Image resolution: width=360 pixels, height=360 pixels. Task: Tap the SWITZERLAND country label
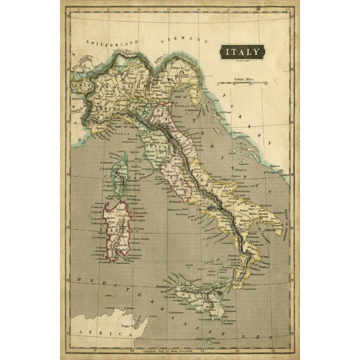[x=112, y=43]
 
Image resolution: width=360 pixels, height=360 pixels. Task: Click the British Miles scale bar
[x=242, y=82]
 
